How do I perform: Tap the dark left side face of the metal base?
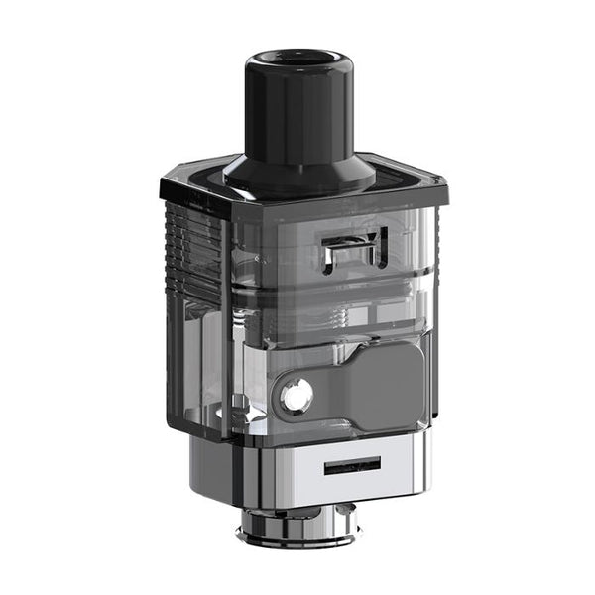[x=213, y=466]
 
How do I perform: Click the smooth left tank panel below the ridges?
[x=193, y=347]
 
